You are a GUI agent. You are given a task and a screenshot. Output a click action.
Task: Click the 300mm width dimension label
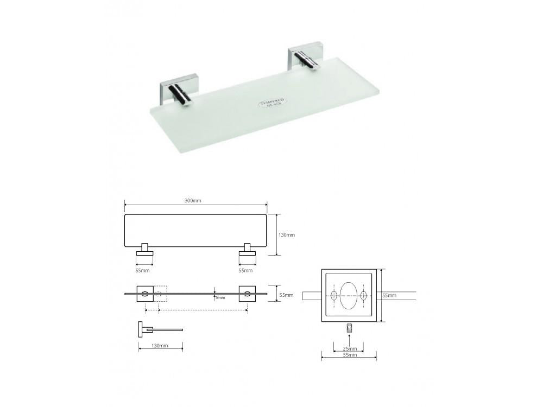(193, 201)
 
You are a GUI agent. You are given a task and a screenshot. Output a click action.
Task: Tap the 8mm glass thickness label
(219, 297)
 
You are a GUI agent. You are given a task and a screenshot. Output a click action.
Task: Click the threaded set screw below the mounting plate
(350, 329)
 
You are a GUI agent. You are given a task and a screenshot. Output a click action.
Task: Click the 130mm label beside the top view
(287, 235)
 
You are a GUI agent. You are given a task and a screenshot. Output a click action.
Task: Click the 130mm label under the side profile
(160, 346)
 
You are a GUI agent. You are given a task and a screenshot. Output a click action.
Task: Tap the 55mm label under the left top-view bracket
(142, 270)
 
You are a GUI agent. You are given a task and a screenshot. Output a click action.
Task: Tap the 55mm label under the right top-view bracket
(245, 270)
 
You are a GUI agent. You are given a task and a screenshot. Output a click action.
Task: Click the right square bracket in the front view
(247, 294)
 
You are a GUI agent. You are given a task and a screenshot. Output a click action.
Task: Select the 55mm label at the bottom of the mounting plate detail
(350, 355)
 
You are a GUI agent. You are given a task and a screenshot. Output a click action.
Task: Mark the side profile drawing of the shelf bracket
(157, 329)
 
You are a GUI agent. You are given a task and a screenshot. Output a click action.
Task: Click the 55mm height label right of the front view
(286, 295)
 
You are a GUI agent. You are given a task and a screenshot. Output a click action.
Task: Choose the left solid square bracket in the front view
(144, 294)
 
